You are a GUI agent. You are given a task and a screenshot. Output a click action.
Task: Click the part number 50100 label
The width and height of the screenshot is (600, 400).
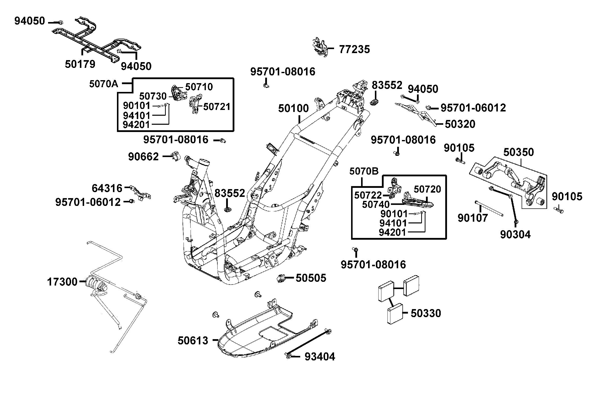click(x=293, y=109)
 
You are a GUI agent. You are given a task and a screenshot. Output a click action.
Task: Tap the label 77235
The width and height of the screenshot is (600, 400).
click(x=354, y=49)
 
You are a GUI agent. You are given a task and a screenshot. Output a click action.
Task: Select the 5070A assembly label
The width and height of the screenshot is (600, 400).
click(x=103, y=84)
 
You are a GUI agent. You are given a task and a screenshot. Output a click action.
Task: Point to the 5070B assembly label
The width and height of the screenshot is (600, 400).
click(x=364, y=171)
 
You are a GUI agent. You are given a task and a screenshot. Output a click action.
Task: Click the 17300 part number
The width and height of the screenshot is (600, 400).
click(x=62, y=282)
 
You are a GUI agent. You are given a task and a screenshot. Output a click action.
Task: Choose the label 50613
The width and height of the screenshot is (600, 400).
click(x=193, y=341)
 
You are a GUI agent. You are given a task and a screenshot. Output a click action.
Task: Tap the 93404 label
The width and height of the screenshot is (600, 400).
click(x=320, y=357)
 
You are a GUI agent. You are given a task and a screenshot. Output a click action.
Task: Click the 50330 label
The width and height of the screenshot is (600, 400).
click(x=426, y=313)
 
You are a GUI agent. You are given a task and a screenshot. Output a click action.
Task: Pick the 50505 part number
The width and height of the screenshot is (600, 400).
click(x=311, y=278)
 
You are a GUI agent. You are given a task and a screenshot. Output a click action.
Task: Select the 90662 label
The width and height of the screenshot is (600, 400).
click(x=143, y=157)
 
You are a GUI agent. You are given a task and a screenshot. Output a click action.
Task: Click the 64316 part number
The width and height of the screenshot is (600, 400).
click(x=107, y=188)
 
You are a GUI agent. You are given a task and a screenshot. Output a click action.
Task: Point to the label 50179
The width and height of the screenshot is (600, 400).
click(x=80, y=64)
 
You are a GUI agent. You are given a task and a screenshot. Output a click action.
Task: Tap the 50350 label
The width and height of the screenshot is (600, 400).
click(x=518, y=152)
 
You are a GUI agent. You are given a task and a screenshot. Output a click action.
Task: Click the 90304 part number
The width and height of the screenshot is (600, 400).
click(x=515, y=234)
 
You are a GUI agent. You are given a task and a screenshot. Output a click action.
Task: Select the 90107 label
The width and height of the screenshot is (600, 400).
click(x=473, y=218)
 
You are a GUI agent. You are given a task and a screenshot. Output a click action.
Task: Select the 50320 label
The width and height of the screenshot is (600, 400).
click(x=460, y=124)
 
